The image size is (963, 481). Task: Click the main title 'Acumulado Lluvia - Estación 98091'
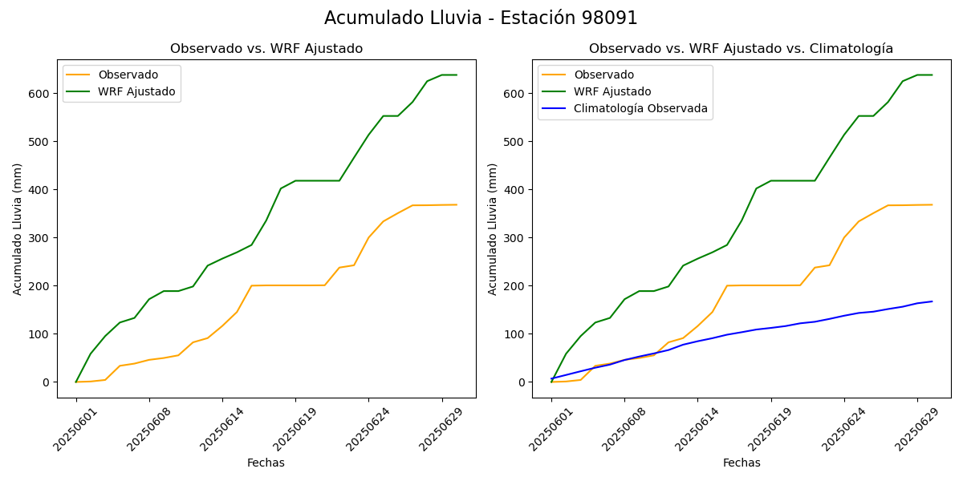pyautogui.click(x=481, y=18)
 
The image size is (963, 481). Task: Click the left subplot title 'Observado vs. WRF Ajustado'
pyautogui.click(x=266, y=49)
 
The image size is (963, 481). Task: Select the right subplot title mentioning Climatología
pyautogui.click(x=741, y=49)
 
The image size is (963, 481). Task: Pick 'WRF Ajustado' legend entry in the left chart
pyautogui.click(x=136, y=91)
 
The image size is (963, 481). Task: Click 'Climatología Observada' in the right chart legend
pyautogui.click(x=640, y=109)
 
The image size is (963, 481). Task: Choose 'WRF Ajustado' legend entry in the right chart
pyautogui.click(x=612, y=91)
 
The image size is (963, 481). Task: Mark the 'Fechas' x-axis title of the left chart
pyautogui.click(x=266, y=463)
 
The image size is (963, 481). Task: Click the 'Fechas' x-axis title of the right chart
pyautogui.click(x=741, y=463)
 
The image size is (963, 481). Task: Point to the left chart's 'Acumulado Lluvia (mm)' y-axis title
pyautogui.click(x=18, y=228)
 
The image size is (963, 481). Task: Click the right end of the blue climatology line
pyautogui.click(x=932, y=301)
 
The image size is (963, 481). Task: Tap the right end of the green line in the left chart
pyautogui.click(x=457, y=75)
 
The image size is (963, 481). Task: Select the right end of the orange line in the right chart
pyautogui.click(x=932, y=204)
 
